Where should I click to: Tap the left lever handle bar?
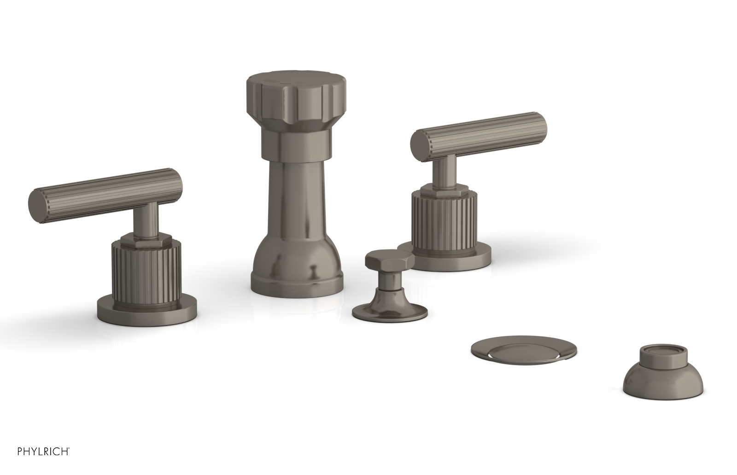pos(111,189)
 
